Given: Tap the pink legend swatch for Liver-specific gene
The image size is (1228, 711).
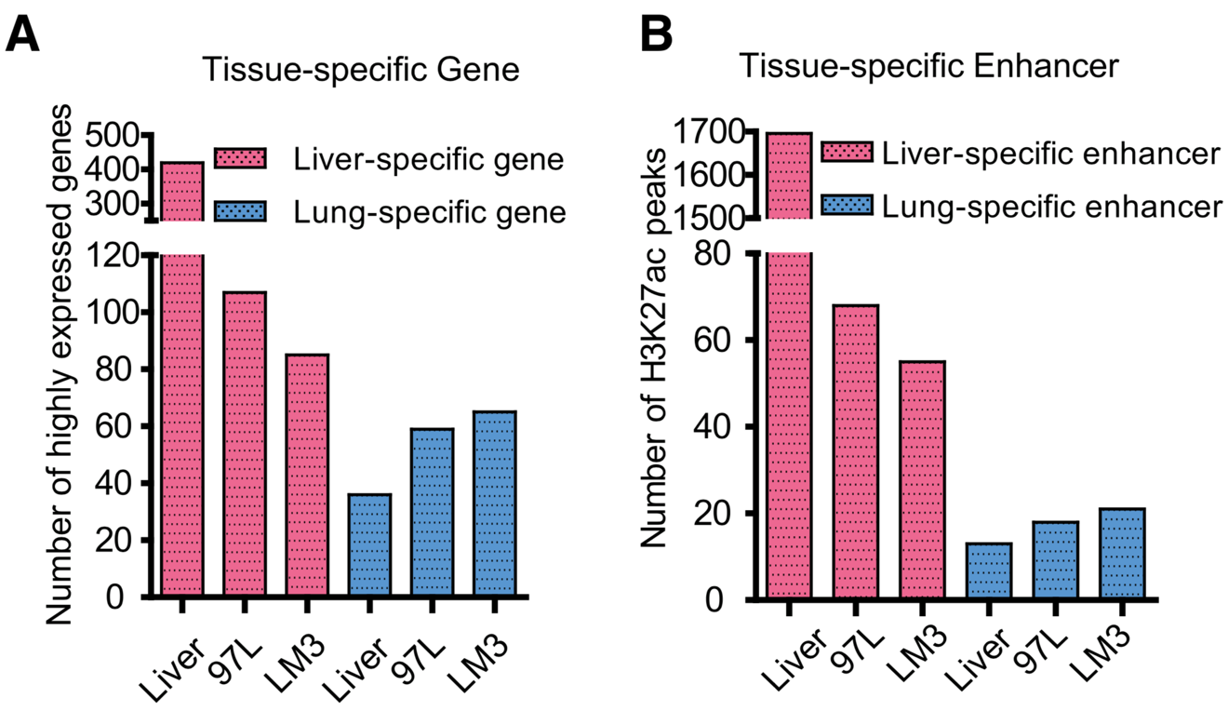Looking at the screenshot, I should point(240,159).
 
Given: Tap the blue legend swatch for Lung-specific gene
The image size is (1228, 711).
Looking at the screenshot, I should point(240,213).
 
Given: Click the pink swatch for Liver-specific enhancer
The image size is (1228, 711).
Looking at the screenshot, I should point(846,153).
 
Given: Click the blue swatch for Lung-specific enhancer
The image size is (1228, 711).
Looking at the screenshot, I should point(846,205).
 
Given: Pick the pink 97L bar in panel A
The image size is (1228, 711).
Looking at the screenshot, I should point(245,444).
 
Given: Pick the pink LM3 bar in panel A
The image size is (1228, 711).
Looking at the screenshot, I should point(307,475).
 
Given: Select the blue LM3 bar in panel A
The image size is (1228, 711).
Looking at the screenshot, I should point(494,503).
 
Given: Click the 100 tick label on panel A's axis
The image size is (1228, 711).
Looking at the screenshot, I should point(114,312).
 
